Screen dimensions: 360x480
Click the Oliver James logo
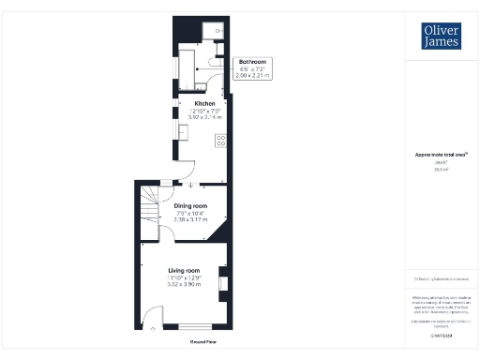click(441, 37)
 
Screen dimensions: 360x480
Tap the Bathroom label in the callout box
click(252, 62)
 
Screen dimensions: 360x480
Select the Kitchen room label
click(205, 103)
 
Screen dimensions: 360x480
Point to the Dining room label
click(190, 205)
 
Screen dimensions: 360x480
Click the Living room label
click(184, 270)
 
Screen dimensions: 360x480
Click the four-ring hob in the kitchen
click(221, 141)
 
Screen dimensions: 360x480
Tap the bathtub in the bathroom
click(187, 63)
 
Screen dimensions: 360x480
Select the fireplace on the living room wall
click(222, 280)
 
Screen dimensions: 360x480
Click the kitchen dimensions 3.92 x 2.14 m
click(205, 118)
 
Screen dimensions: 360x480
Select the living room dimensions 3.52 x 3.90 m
click(184, 284)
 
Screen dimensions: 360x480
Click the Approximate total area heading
click(441, 155)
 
